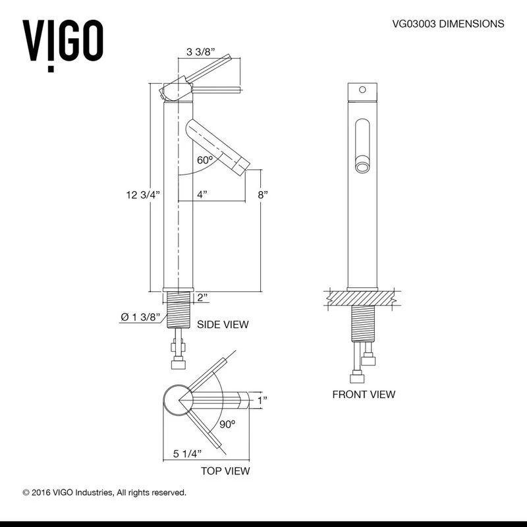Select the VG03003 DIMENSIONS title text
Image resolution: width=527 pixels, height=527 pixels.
[448, 24]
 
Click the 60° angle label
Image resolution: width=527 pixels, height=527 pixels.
[205, 160]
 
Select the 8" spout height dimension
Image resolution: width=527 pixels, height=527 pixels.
[263, 194]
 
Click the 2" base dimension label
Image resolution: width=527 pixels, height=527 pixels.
[202, 298]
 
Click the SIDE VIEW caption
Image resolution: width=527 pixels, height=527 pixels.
[223, 324]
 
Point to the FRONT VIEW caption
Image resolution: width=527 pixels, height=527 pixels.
[364, 395]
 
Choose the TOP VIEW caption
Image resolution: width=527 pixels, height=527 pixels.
[225, 471]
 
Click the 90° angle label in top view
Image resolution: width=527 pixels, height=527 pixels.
[227, 425]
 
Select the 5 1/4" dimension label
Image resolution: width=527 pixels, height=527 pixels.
[187, 453]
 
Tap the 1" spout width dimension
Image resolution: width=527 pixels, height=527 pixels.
[262, 400]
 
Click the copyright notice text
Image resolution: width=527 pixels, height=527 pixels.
[105, 492]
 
